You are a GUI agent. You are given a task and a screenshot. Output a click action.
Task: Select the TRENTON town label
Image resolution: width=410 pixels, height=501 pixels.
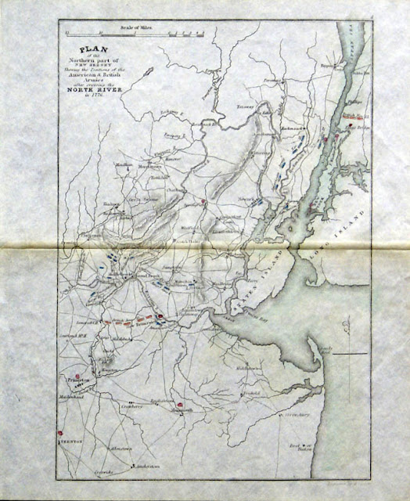pos(68,441)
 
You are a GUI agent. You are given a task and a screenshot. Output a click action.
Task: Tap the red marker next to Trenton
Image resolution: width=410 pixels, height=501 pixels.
pos(59,431)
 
